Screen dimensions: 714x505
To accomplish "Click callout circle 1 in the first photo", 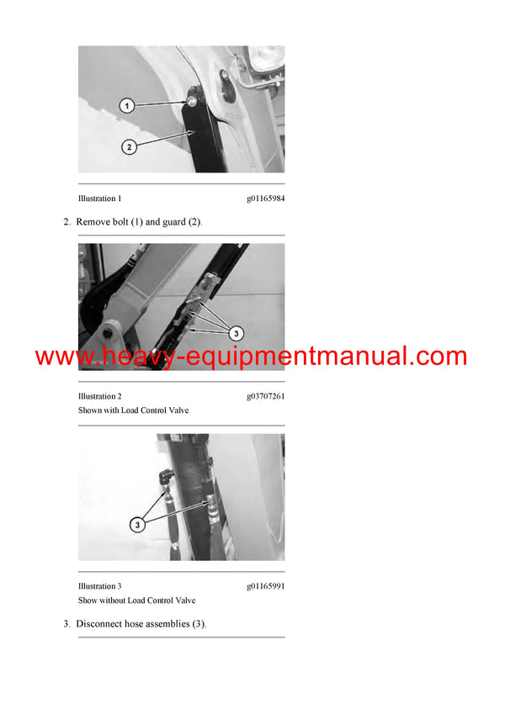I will (125, 106).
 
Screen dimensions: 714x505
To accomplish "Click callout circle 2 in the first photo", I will (129, 147).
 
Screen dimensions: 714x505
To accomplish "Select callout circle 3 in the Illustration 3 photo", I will (137, 524).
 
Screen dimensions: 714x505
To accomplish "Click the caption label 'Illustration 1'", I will (99, 198).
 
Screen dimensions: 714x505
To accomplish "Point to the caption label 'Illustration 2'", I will (99, 396).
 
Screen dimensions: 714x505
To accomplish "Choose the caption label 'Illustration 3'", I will (99, 586).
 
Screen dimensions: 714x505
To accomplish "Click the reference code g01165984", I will (265, 198).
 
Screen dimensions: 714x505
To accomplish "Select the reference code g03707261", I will (265, 396).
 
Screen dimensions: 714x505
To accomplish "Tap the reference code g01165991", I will (265, 586).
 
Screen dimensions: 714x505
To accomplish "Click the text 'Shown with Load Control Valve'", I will (133, 410).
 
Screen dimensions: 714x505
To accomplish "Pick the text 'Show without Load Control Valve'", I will (136, 600).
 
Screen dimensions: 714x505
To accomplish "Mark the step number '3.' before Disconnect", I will (67, 624).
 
